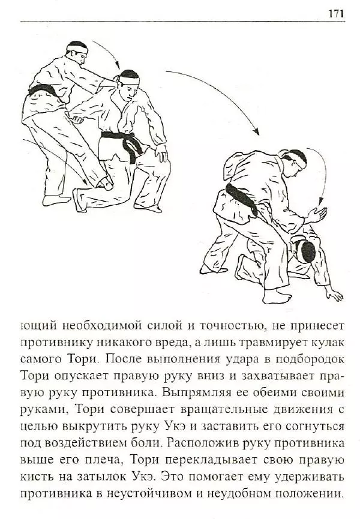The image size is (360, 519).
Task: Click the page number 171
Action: click(x=336, y=13)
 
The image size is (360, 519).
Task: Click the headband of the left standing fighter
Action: click(x=77, y=46)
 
